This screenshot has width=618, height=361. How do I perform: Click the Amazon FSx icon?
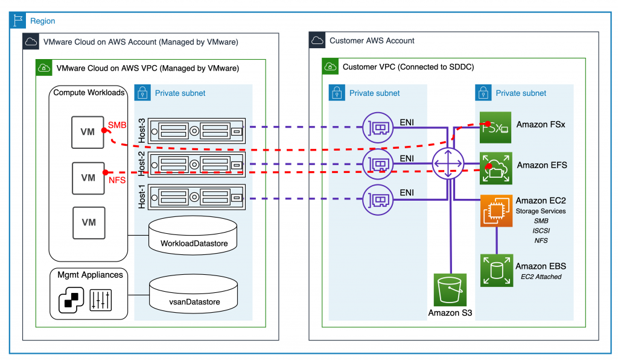point(495,127)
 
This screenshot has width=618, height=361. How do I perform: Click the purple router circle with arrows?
point(448,164)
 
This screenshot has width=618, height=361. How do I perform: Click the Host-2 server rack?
point(197,163)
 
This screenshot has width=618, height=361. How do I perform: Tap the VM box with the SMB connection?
point(88,132)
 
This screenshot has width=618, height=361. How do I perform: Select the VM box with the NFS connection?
point(88,178)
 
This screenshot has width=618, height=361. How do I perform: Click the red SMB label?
point(116,125)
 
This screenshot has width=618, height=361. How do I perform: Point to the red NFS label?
point(116,180)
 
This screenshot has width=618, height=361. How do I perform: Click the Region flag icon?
point(19,21)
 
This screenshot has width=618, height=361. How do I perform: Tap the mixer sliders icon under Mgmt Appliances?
point(100,300)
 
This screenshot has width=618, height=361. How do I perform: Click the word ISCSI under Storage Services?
point(541,231)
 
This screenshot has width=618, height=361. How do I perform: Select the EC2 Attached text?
point(541,277)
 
